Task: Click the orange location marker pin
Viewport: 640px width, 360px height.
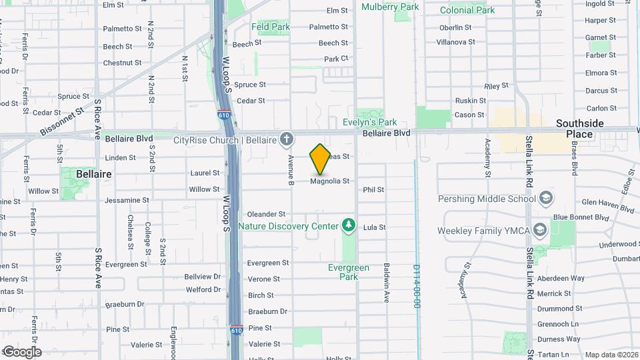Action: click(320, 159)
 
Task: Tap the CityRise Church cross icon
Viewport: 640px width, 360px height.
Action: click(287, 139)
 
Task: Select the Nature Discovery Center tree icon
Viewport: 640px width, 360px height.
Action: click(348, 226)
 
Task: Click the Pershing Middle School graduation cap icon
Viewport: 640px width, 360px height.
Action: click(546, 199)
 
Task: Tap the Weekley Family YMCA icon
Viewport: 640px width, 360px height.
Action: click(539, 231)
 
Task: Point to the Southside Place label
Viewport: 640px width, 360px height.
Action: click(579, 129)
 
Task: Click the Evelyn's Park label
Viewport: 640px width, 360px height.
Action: click(370, 122)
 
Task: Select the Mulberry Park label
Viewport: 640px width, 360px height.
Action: click(390, 7)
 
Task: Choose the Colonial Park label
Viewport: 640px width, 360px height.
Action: click(467, 10)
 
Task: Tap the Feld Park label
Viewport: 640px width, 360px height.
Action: click(271, 27)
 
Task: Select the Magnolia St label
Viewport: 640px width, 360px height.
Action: click(330, 181)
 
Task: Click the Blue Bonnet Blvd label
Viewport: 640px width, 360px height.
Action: click(581, 217)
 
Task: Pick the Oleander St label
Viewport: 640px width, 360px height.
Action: click(266, 214)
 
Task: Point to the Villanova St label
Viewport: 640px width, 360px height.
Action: click(455, 42)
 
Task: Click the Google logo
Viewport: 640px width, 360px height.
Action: click(22, 352)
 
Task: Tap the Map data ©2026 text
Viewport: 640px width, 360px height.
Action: click(610, 355)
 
